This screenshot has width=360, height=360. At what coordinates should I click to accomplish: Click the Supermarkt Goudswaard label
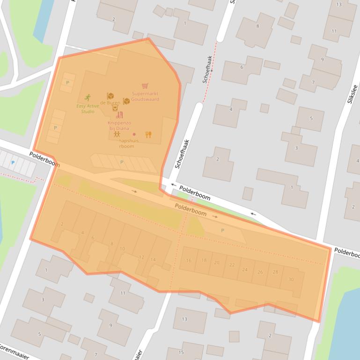(145, 96)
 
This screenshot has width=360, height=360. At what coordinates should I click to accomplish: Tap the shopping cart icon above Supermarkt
(145, 86)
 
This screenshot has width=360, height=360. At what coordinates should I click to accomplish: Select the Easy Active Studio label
(88, 108)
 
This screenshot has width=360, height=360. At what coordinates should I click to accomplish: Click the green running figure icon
(88, 98)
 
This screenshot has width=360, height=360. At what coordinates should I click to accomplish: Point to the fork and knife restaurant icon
(148, 135)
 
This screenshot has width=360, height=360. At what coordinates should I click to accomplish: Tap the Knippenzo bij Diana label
(119, 125)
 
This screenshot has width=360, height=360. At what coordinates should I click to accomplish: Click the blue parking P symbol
(13, 162)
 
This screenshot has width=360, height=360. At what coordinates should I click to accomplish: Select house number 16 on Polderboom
(189, 260)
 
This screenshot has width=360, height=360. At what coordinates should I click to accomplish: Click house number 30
(291, 279)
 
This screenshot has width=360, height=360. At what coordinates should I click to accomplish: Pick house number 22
(232, 265)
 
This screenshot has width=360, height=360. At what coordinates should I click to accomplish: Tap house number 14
(153, 259)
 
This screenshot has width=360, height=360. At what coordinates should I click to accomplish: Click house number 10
(122, 249)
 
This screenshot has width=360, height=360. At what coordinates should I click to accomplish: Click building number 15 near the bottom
(181, 352)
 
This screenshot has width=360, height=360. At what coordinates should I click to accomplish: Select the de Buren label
(110, 102)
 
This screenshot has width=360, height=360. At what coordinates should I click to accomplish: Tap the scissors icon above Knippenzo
(119, 115)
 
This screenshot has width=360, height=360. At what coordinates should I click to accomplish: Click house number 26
(260, 272)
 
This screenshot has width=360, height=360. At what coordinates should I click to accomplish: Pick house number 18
(204, 260)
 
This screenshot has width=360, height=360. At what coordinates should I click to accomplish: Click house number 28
(275, 272)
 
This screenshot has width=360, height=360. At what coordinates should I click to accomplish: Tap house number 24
(245, 270)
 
